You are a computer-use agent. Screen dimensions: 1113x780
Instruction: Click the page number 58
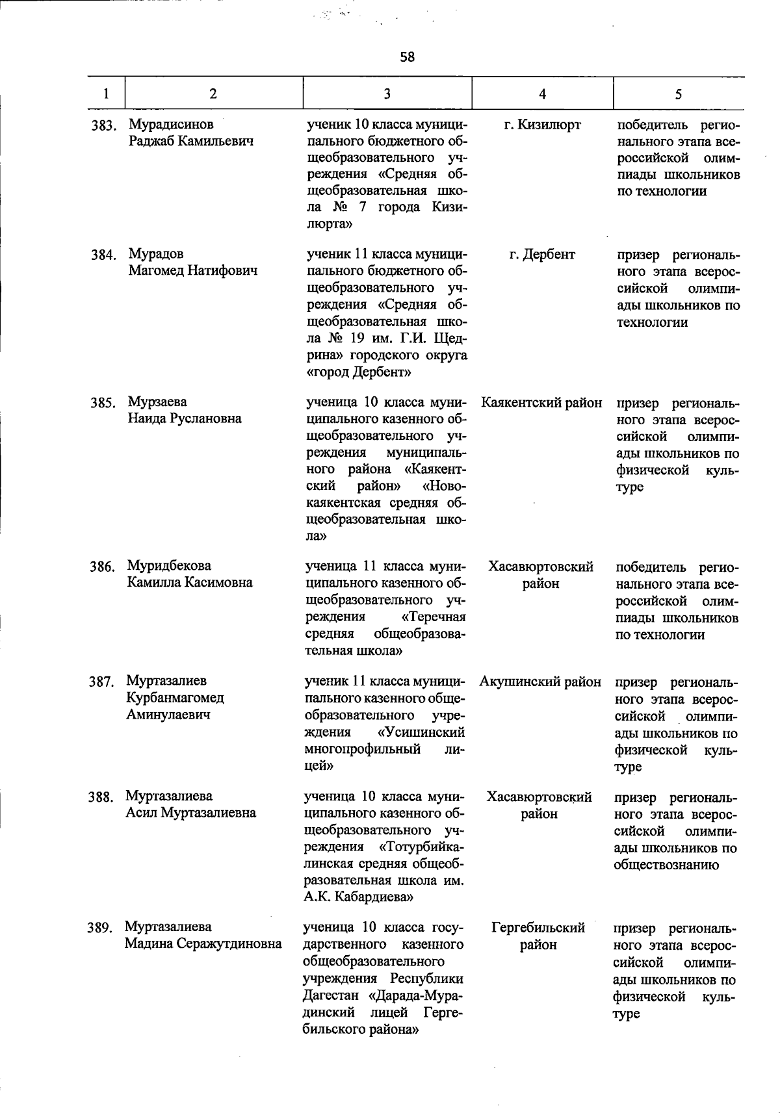(x=407, y=57)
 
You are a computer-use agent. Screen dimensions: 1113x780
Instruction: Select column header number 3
(x=387, y=94)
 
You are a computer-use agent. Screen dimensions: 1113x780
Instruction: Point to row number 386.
(x=103, y=567)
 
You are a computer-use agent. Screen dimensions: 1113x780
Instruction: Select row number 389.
(x=101, y=928)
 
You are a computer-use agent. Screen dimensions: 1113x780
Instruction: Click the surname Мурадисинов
(x=171, y=123)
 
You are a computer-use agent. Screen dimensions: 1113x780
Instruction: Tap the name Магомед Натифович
(x=193, y=270)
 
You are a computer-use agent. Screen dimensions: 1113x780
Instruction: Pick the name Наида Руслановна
(x=184, y=418)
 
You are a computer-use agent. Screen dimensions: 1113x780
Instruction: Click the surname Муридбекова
(x=169, y=565)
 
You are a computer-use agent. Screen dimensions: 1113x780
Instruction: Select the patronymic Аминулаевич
(x=168, y=715)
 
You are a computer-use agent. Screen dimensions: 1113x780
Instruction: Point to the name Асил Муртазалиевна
(x=190, y=813)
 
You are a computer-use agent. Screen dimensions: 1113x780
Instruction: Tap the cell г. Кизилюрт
(x=543, y=124)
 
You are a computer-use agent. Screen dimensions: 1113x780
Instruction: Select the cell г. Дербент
(x=542, y=255)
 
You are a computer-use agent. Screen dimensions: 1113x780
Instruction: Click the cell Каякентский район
(x=541, y=403)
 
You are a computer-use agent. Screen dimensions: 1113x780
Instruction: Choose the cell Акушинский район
(x=540, y=682)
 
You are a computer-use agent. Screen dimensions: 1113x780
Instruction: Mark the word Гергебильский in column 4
(x=538, y=927)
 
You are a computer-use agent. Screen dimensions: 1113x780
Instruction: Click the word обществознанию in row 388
(x=666, y=865)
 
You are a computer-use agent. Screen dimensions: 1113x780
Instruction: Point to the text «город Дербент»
(x=358, y=372)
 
